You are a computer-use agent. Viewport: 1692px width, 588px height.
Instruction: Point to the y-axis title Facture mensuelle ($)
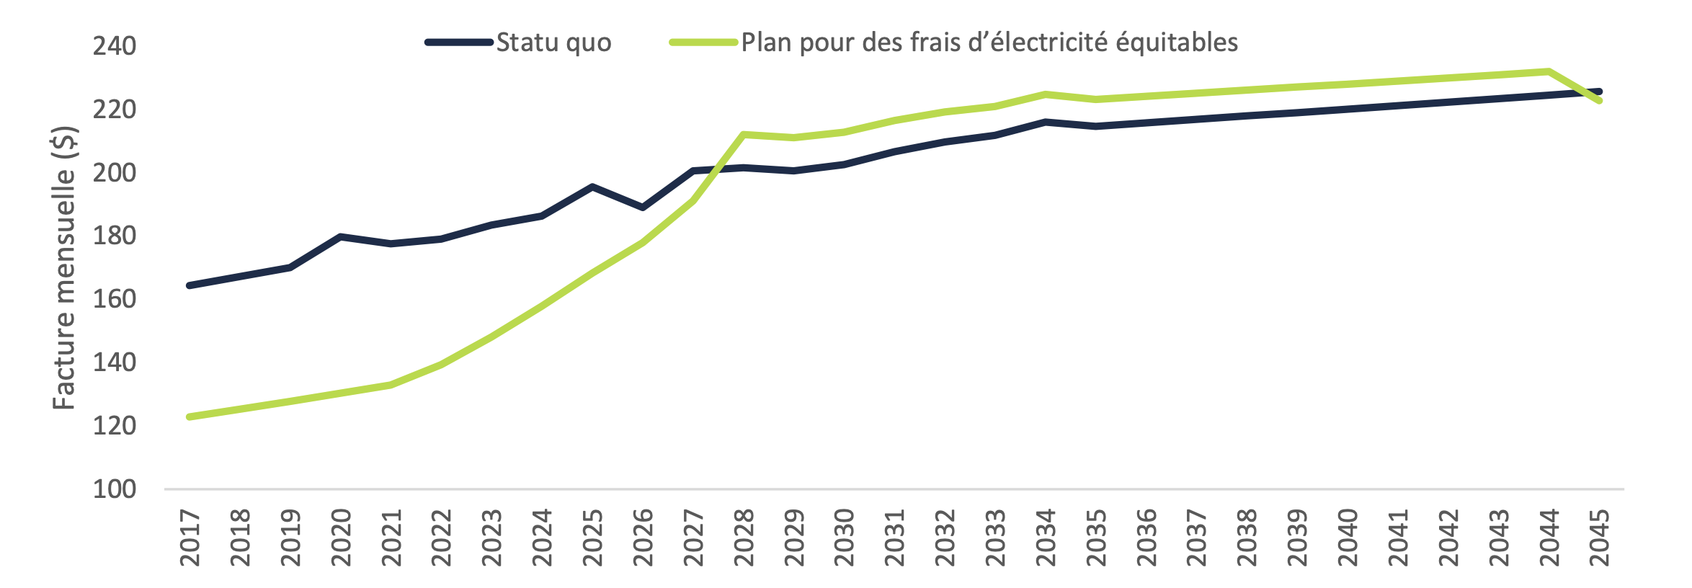[64, 268]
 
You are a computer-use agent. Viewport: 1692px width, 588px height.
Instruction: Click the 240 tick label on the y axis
[114, 46]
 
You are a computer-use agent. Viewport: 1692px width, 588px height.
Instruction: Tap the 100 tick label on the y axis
[114, 489]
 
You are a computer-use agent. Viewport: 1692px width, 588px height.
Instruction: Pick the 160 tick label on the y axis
[114, 299]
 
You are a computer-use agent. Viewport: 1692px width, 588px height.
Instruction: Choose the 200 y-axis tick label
[114, 173]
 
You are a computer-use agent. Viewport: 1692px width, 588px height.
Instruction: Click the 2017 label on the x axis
[190, 538]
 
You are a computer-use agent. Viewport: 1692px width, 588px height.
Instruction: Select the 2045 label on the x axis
[1599, 538]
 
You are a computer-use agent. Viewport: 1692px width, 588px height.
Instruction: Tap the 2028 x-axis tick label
[743, 538]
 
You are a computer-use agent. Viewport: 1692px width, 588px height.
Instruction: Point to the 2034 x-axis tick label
[1045, 538]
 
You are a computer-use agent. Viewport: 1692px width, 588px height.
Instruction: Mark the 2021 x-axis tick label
[391, 538]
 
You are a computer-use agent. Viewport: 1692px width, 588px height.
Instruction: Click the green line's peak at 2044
[1549, 71]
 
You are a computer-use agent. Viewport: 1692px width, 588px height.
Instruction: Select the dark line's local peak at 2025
[592, 187]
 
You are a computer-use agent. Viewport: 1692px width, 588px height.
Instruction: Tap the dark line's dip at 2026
[642, 208]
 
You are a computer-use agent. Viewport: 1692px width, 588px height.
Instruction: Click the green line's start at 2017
[190, 416]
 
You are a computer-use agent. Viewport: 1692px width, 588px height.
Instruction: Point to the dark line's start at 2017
[190, 285]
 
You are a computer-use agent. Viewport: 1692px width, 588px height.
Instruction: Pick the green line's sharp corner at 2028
[743, 134]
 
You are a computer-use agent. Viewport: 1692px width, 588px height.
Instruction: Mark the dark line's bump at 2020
[340, 236]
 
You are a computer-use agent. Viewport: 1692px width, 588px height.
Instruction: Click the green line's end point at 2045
[1599, 101]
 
